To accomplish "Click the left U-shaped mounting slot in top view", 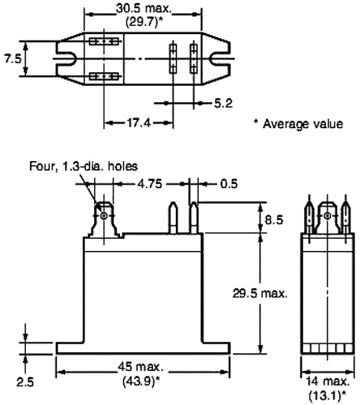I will click(64, 58).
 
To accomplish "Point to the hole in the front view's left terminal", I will click(104, 216).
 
